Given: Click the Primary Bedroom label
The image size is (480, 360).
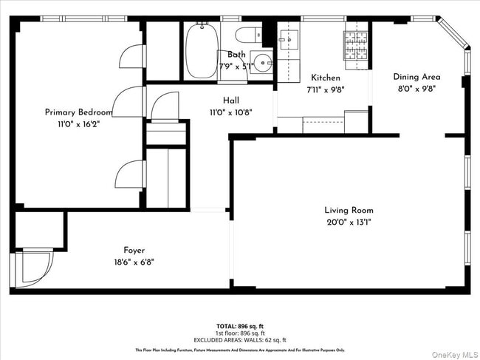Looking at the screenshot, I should [x=78, y=112].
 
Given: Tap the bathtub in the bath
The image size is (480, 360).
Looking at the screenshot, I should [x=200, y=50].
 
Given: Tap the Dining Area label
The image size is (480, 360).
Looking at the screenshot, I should [x=416, y=77].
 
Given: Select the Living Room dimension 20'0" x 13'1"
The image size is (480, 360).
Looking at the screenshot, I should [x=349, y=222].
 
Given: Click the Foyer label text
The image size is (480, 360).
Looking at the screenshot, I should [x=134, y=250].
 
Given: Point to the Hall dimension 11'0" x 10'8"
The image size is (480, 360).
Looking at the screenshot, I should [x=230, y=112].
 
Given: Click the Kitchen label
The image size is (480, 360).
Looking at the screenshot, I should [x=326, y=78].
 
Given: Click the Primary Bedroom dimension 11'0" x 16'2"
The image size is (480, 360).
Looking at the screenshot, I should [x=78, y=124].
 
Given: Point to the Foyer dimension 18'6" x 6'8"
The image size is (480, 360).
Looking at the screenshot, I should [x=134, y=262].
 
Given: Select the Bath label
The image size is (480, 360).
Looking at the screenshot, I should [x=236, y=55].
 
